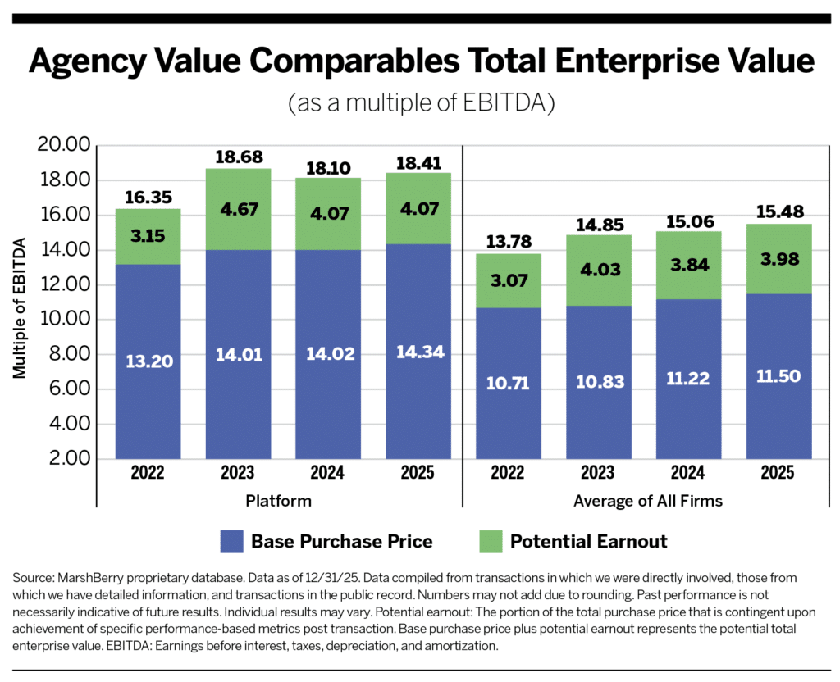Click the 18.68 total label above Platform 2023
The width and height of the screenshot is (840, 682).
238,157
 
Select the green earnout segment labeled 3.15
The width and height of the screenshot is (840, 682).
148,236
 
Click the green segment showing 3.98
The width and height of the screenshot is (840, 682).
778,259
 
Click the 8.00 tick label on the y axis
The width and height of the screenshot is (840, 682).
68,354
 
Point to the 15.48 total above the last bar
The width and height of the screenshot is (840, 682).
778,211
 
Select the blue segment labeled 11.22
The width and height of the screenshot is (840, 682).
688,379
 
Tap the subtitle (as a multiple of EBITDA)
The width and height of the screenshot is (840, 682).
419,104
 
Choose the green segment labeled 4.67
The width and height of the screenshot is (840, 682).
238,208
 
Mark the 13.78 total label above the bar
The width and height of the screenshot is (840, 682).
508,242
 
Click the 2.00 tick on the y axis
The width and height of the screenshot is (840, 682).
68,459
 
